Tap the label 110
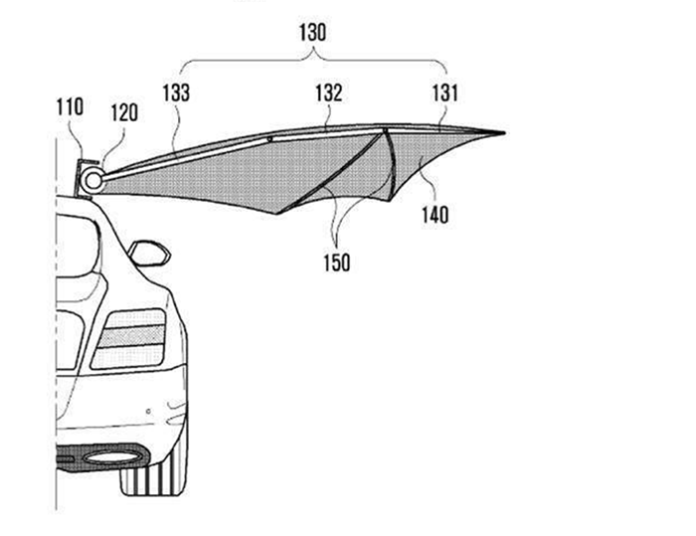[70, 104]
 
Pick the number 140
[435, 214]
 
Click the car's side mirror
[148, 253]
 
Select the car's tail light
[129, 338]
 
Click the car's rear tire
[154, 477]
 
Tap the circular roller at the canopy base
[91, 180]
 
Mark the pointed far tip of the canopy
[503, 132]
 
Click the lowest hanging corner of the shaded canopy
[277, 213]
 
